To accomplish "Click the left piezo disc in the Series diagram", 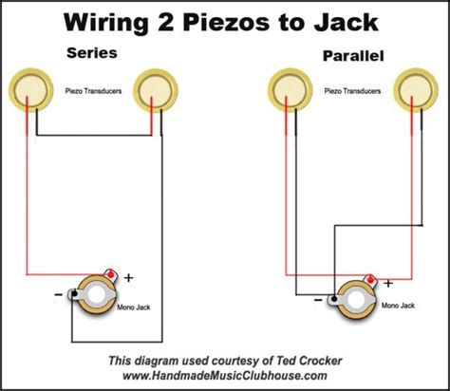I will pos(31,91).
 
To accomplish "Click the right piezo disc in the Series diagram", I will pos(154,91).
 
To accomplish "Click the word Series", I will pos(91,54).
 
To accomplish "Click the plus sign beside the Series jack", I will pos(128,278).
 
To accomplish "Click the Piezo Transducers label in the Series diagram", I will pos(93,91).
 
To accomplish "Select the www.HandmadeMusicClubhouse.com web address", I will pos(224,377).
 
